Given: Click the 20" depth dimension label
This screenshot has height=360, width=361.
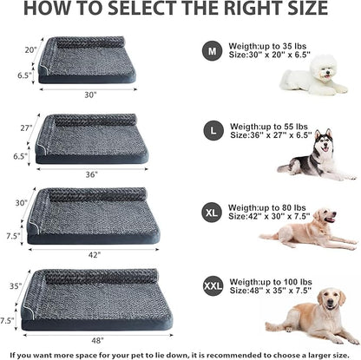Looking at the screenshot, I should click(30, 49).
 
